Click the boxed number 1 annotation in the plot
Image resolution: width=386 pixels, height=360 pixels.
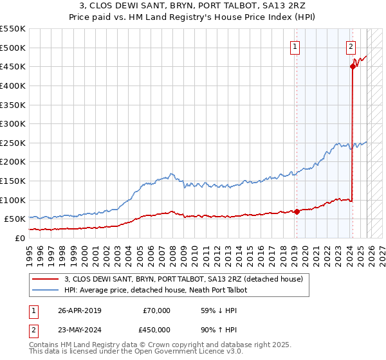tap(295, 46)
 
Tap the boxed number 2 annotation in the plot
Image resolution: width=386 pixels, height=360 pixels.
tap(351, 46)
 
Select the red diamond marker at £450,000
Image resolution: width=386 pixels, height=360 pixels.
tap(353, 66)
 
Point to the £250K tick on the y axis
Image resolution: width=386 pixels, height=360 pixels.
tap(14, 143)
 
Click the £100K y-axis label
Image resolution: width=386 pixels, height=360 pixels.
tap(14, 200)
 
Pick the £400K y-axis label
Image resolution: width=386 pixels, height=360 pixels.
tap(14, 85)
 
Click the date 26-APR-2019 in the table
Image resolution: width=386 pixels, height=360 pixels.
tap(79, 310)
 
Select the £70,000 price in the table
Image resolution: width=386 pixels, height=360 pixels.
tap(157, 310)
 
